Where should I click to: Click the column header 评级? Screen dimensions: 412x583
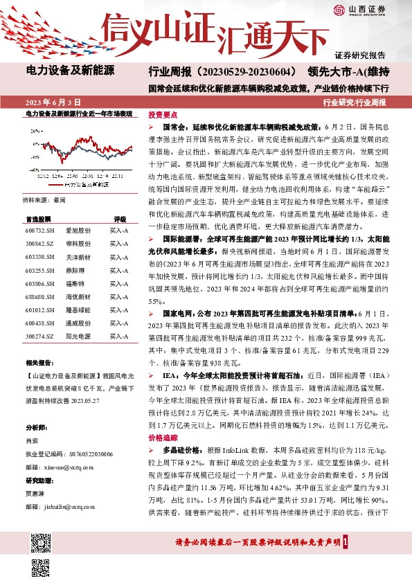(120, 217)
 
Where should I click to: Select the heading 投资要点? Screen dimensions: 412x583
(163, 115)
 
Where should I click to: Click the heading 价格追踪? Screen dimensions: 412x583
(163, 438)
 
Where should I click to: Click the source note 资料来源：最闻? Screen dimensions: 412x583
(44, 199)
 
